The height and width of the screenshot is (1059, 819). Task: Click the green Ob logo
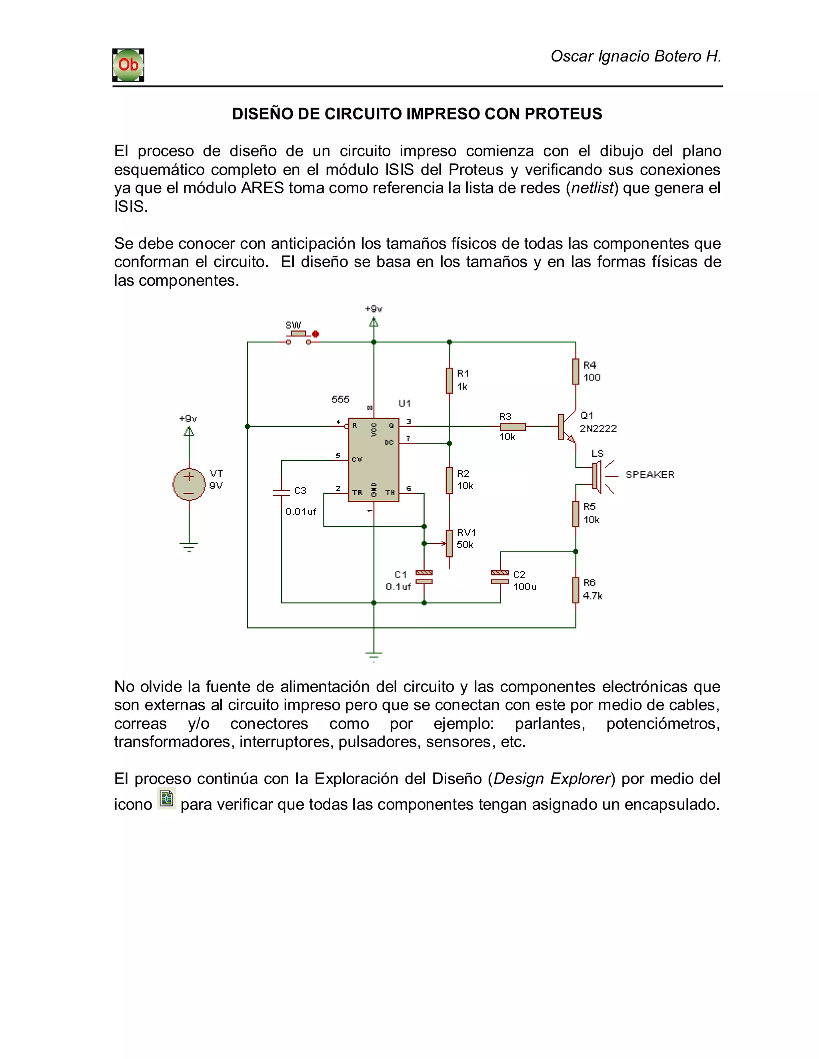click(128, 65)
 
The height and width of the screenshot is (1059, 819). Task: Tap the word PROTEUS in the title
click(563, 113)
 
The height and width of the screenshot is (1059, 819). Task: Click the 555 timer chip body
click(374, 460)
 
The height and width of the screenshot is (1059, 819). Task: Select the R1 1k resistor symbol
click(449, 380)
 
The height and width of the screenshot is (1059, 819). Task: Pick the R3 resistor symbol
click(513, 427)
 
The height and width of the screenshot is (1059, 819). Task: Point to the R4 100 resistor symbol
click(576, 371)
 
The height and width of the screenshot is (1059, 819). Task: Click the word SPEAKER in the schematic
click(650, 475)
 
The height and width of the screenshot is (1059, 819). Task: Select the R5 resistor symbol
click(576, 514)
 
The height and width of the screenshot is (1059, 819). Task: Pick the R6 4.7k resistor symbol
click(576, 590)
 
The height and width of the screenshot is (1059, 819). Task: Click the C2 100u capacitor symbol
click(500, 577)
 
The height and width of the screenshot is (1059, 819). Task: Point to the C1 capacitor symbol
click(424, 577)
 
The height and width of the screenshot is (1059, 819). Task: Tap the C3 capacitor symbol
click(282, 492)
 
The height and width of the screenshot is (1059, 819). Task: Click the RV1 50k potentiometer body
click(449, 543)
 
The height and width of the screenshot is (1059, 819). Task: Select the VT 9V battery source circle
click(189, 484)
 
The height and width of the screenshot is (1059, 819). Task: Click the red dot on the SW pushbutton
click(316, 334)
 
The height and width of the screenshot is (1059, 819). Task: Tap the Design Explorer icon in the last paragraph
click(166, 798)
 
